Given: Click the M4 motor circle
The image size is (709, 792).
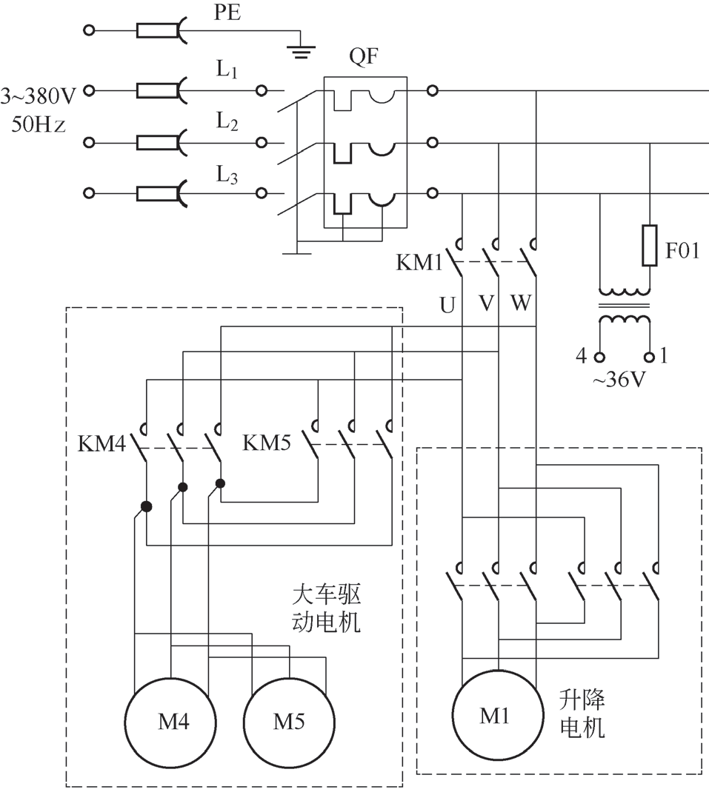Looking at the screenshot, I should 171,722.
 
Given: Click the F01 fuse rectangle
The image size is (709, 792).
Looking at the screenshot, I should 649,245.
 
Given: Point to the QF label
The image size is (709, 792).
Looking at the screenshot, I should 364,58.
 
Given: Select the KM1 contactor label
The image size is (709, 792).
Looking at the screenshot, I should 419,263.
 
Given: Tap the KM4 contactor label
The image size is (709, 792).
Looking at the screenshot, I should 101,444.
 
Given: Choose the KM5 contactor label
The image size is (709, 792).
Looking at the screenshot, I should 267,443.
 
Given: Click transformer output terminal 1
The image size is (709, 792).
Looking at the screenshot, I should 650,357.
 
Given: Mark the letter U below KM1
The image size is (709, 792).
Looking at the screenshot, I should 447,304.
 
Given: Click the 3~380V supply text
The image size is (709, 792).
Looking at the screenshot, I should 39,95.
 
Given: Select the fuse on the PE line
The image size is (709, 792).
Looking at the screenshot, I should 157,30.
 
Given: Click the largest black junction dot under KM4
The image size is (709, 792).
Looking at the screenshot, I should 147,506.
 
